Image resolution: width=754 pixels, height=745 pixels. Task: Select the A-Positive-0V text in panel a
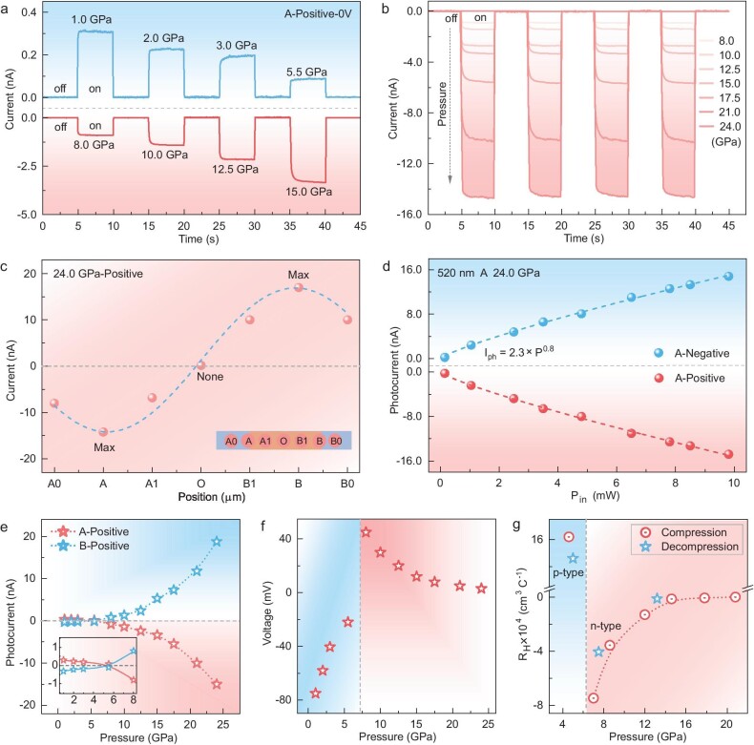(307, 16)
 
